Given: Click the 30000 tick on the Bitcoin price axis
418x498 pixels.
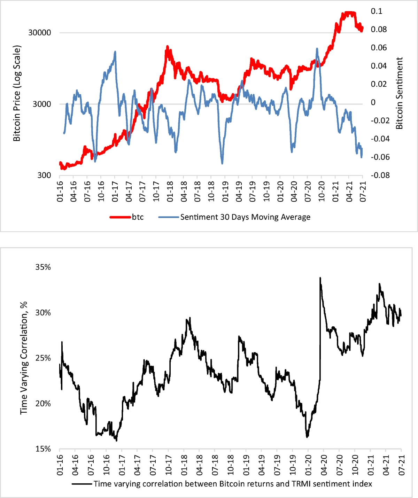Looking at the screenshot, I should [39, 32].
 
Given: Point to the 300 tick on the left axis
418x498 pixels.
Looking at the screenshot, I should [44, 175].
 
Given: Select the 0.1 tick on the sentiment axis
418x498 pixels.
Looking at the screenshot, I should [376, 11].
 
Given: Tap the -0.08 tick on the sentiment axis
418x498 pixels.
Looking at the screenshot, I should [380, 175].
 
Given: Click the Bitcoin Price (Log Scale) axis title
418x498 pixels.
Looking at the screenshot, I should [17, 93].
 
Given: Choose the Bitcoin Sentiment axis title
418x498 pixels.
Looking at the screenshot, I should [399, 93].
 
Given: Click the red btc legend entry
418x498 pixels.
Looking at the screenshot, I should [127, 217].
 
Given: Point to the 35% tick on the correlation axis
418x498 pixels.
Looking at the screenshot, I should [43, 267].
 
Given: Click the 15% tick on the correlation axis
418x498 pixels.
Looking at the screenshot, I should [43, 449].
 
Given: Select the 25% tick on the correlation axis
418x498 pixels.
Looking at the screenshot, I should [43, 358].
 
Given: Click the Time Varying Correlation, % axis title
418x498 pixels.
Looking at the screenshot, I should [24, 358].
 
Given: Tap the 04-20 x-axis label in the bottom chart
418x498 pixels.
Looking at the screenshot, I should [324, 465].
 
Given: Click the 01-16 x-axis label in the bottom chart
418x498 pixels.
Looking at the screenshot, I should [60, 465].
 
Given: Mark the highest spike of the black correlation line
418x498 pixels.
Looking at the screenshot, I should [320, 278].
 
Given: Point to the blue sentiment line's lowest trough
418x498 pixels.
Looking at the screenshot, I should [222, 163].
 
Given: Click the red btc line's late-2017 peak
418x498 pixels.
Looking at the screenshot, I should [168, 47].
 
